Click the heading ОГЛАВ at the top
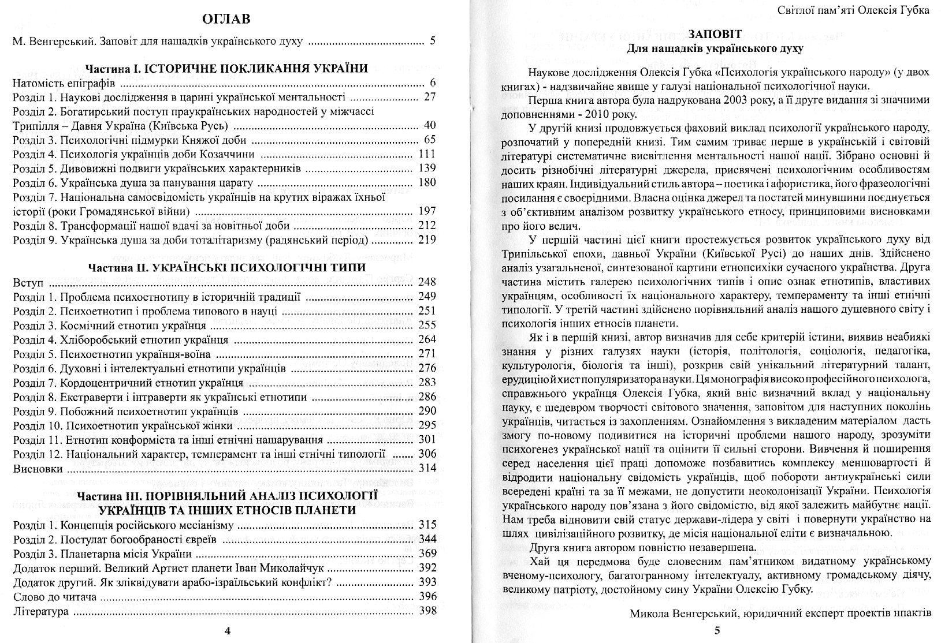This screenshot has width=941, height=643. click(x=227, y=20)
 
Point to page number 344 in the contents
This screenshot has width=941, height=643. click(x=427, y=540)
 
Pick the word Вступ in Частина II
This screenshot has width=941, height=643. click(x=28, y=283)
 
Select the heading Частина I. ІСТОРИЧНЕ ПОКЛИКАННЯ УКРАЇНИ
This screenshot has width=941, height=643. click(x=226, y=69)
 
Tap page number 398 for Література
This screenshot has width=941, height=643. click(x=427, y=611)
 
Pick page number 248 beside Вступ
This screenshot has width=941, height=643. click(x=427, y=283)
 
